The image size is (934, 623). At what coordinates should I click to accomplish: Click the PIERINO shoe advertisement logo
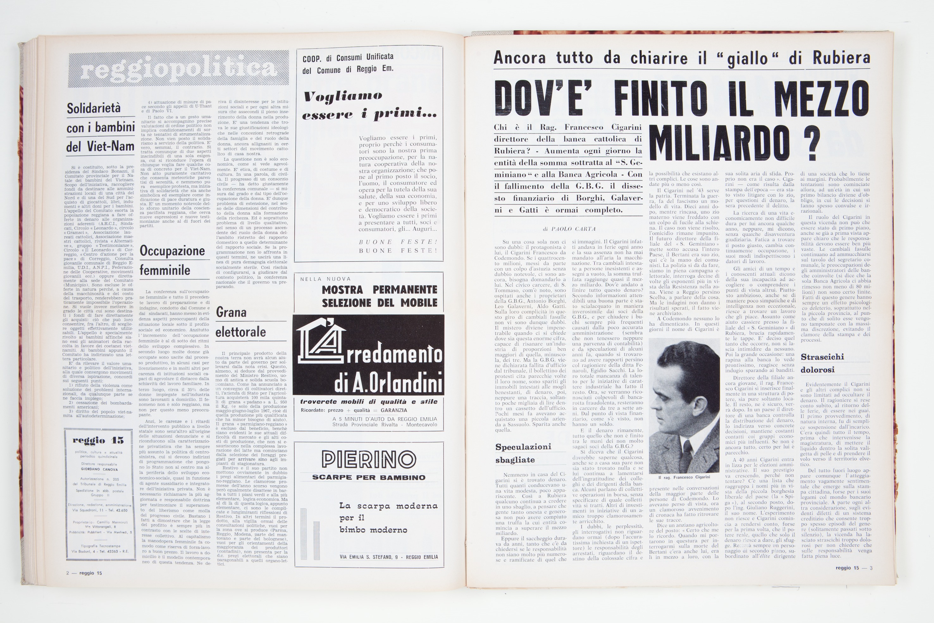tap(368, 459)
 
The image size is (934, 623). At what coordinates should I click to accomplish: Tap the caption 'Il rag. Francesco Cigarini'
tap(684, 477)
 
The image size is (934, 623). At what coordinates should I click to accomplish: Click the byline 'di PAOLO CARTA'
tap(569, 229)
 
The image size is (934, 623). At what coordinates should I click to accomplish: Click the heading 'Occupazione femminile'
tap(172, 261)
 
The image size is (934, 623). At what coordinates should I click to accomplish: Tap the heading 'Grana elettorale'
tap(240, 322)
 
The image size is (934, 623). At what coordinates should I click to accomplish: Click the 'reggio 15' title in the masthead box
tap(98, 440)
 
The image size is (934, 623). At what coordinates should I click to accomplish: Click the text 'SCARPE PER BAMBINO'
tap(368, 477)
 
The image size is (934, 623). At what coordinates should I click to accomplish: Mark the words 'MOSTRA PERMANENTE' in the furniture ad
tap(379, 289)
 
